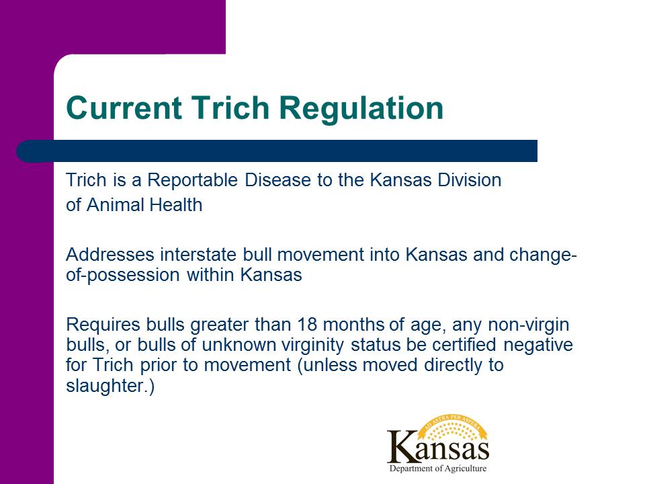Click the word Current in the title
[x=124, y=108]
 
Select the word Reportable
[x=193, y=180]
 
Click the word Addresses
[x=110, y=254]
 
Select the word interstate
[x=198, y=254]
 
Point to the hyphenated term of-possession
[x=122, y=275]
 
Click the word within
[x=210, y=274]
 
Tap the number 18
[x=307, y=325]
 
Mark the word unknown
[x=239, y=345]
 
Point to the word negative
[x=538, y=345]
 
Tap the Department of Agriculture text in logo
[x=437, y=469]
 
